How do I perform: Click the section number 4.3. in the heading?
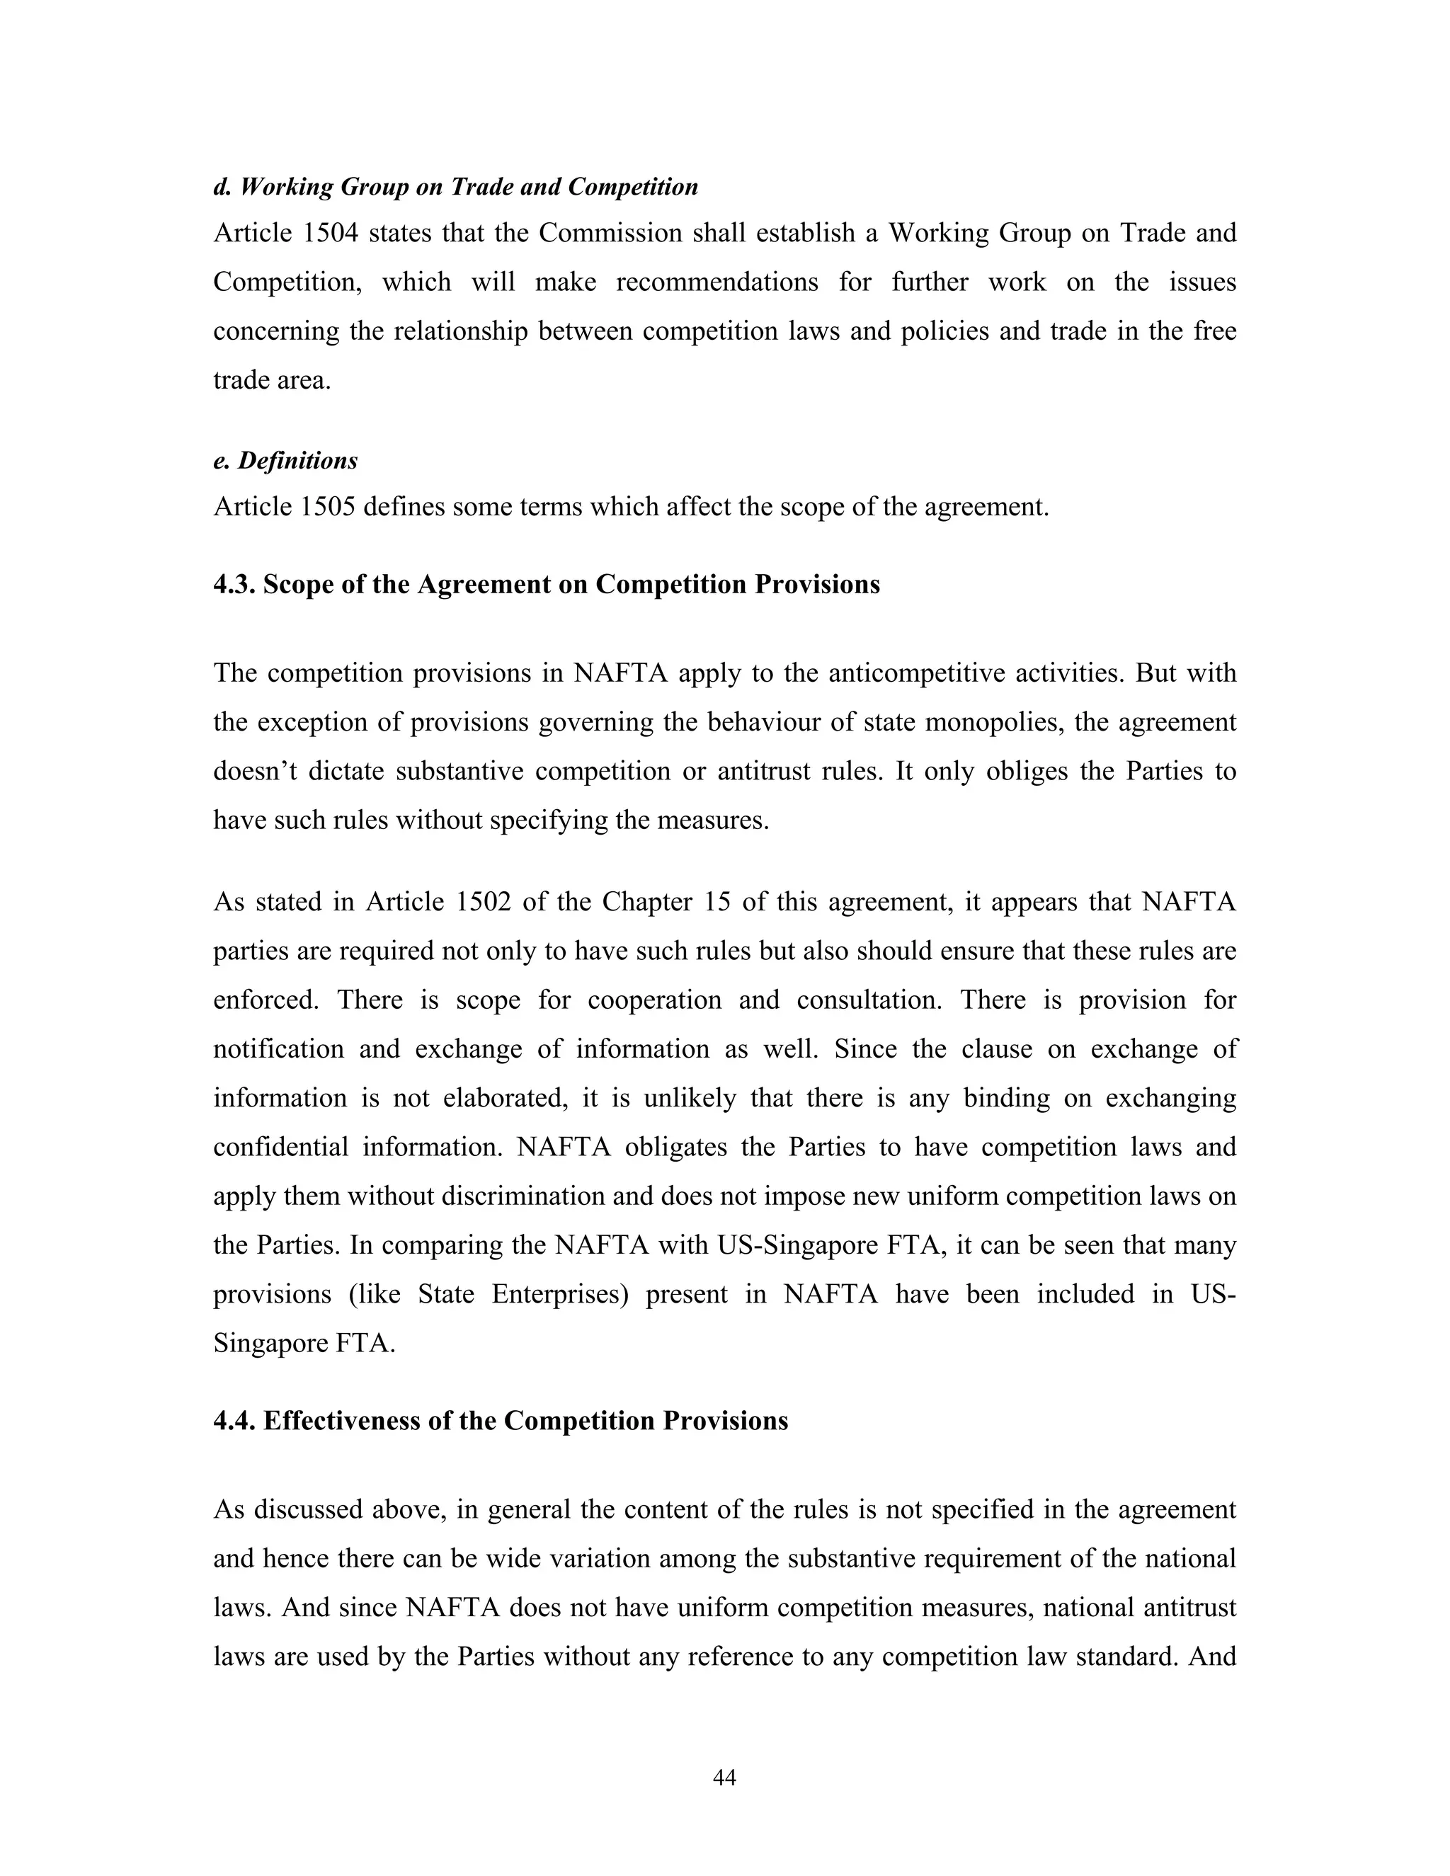[x=234, y=584]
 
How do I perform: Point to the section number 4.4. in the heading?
[x=234, y=1421]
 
